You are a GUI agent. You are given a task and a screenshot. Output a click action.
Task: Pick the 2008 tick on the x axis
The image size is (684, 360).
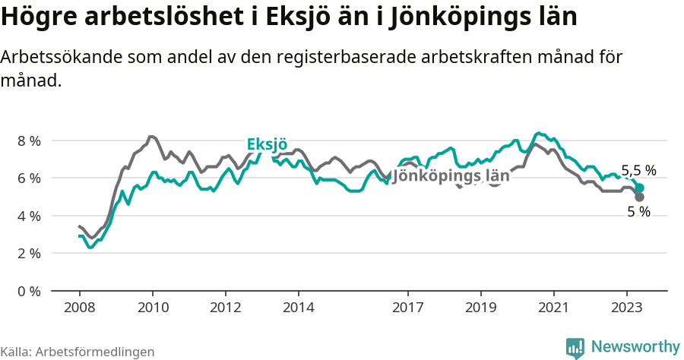[x=79, y=308]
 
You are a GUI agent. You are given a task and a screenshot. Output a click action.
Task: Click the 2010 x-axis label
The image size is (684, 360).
[x=152, y=308]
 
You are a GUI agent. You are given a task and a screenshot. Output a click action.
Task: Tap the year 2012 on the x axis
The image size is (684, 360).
[x=225, y=308]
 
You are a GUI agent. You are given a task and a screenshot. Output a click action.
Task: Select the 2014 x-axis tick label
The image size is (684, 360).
[x=298, y=308]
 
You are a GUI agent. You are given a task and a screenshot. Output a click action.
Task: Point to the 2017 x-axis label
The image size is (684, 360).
[x=407, y=308]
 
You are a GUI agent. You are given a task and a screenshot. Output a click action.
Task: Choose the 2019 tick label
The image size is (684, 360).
[x=480, y=308]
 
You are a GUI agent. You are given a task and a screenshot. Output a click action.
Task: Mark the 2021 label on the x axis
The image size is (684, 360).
[x=553, y=308]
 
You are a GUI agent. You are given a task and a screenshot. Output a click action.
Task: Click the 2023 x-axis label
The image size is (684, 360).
[x=626, y=308]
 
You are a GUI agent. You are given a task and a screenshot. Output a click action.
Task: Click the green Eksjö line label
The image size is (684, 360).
[x=267, y=145]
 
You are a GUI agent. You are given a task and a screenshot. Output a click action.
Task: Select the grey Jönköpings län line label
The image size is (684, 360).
[x=451, y=176]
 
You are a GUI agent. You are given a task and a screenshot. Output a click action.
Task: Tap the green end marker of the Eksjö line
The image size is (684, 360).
[x=639, y=188]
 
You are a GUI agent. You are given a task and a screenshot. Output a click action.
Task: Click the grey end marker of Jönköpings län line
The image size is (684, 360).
[x=639, y=197]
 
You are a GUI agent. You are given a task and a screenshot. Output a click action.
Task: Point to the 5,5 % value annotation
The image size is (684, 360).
[x=638, y=171]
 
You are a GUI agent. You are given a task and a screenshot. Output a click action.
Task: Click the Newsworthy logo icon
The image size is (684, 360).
[x=575, y=347]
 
